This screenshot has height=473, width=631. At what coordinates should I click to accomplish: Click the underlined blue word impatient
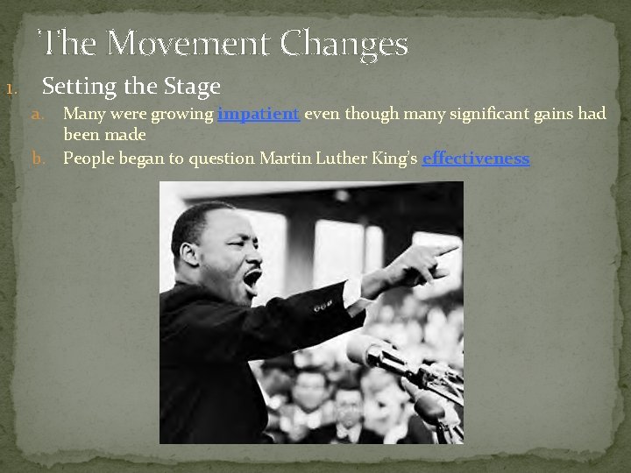[x=259, y=114]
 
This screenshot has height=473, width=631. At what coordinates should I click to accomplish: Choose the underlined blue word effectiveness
[x=476, y=159]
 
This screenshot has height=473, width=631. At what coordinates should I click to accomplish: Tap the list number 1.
[x=10, y=89]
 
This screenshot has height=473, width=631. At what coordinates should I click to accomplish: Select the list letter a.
[x=38, y=114]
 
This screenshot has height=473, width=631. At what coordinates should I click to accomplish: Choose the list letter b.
[x=38, y=159]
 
